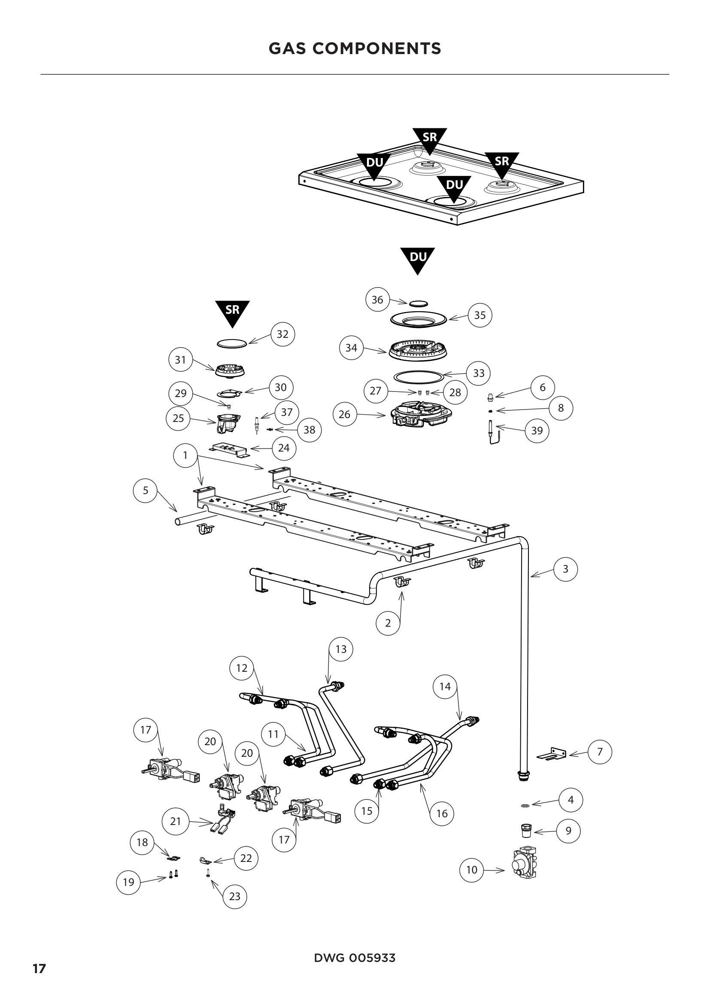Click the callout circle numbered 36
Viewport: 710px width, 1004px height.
tap(377, 300)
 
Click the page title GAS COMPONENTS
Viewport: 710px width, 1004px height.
tap(355, 49)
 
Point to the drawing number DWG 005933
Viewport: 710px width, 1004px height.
tap(355, 958)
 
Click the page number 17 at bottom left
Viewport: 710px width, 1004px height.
tap(39, 969)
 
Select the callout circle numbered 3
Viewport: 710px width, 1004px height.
tap(565, 569)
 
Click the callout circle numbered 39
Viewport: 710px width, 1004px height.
tap(537, 431)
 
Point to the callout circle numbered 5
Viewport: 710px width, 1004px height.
tap(146, 490)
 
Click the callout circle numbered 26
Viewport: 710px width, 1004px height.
tap(345, 414)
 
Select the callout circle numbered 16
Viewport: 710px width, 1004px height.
tap(442, 813)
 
